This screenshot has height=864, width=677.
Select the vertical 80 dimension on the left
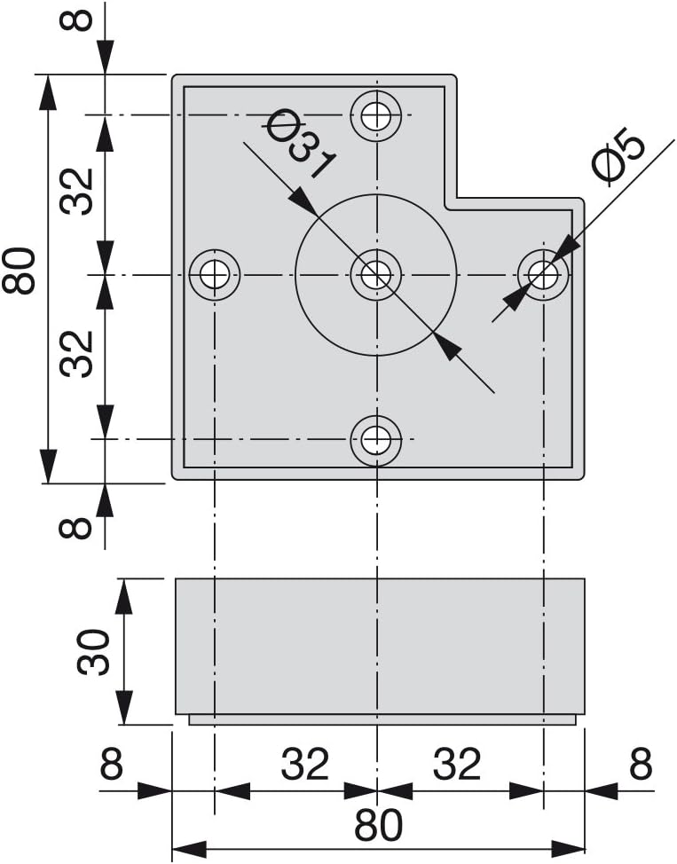coord(19,271)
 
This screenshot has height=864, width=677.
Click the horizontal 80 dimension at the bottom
coord(378,825)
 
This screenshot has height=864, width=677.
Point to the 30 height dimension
coord(92,651)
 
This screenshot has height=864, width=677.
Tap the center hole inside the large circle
coord(376,273)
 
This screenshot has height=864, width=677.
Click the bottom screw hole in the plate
coord(376,440)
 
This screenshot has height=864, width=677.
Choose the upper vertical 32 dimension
coord(76,190)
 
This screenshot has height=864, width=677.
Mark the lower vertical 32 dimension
coord(76,353)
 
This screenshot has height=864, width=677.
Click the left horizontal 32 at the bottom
coord(305,764)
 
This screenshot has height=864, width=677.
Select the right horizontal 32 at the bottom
coord(457,764)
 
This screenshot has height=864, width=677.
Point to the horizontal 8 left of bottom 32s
coord(112,764)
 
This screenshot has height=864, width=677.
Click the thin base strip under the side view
coord(382,719)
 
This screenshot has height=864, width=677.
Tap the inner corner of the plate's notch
coord(457,199)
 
